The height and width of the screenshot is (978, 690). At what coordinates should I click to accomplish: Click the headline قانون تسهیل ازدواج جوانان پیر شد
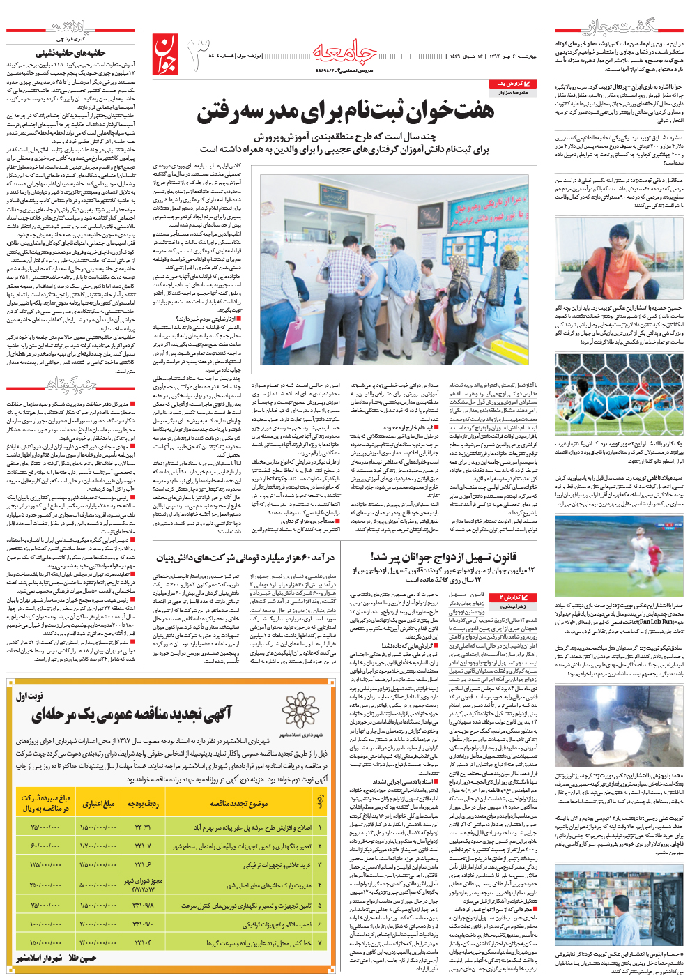[x=443, y=557]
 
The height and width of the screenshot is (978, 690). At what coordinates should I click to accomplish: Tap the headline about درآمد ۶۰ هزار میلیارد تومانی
[x=245, y=558]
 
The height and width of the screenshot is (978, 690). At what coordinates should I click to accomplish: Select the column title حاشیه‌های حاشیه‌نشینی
[x=71, y=52]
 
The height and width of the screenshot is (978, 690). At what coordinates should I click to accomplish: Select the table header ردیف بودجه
[x=144, y=803]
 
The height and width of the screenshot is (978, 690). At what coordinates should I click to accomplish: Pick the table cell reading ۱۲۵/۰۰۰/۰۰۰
[x=45, y=864]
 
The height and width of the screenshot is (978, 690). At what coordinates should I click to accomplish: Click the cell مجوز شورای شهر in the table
[x=144, y=885]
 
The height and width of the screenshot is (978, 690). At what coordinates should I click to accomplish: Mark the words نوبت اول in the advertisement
[x=30, y=695]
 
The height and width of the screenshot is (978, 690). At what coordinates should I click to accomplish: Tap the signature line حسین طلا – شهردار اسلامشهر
[x=56, y=958]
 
